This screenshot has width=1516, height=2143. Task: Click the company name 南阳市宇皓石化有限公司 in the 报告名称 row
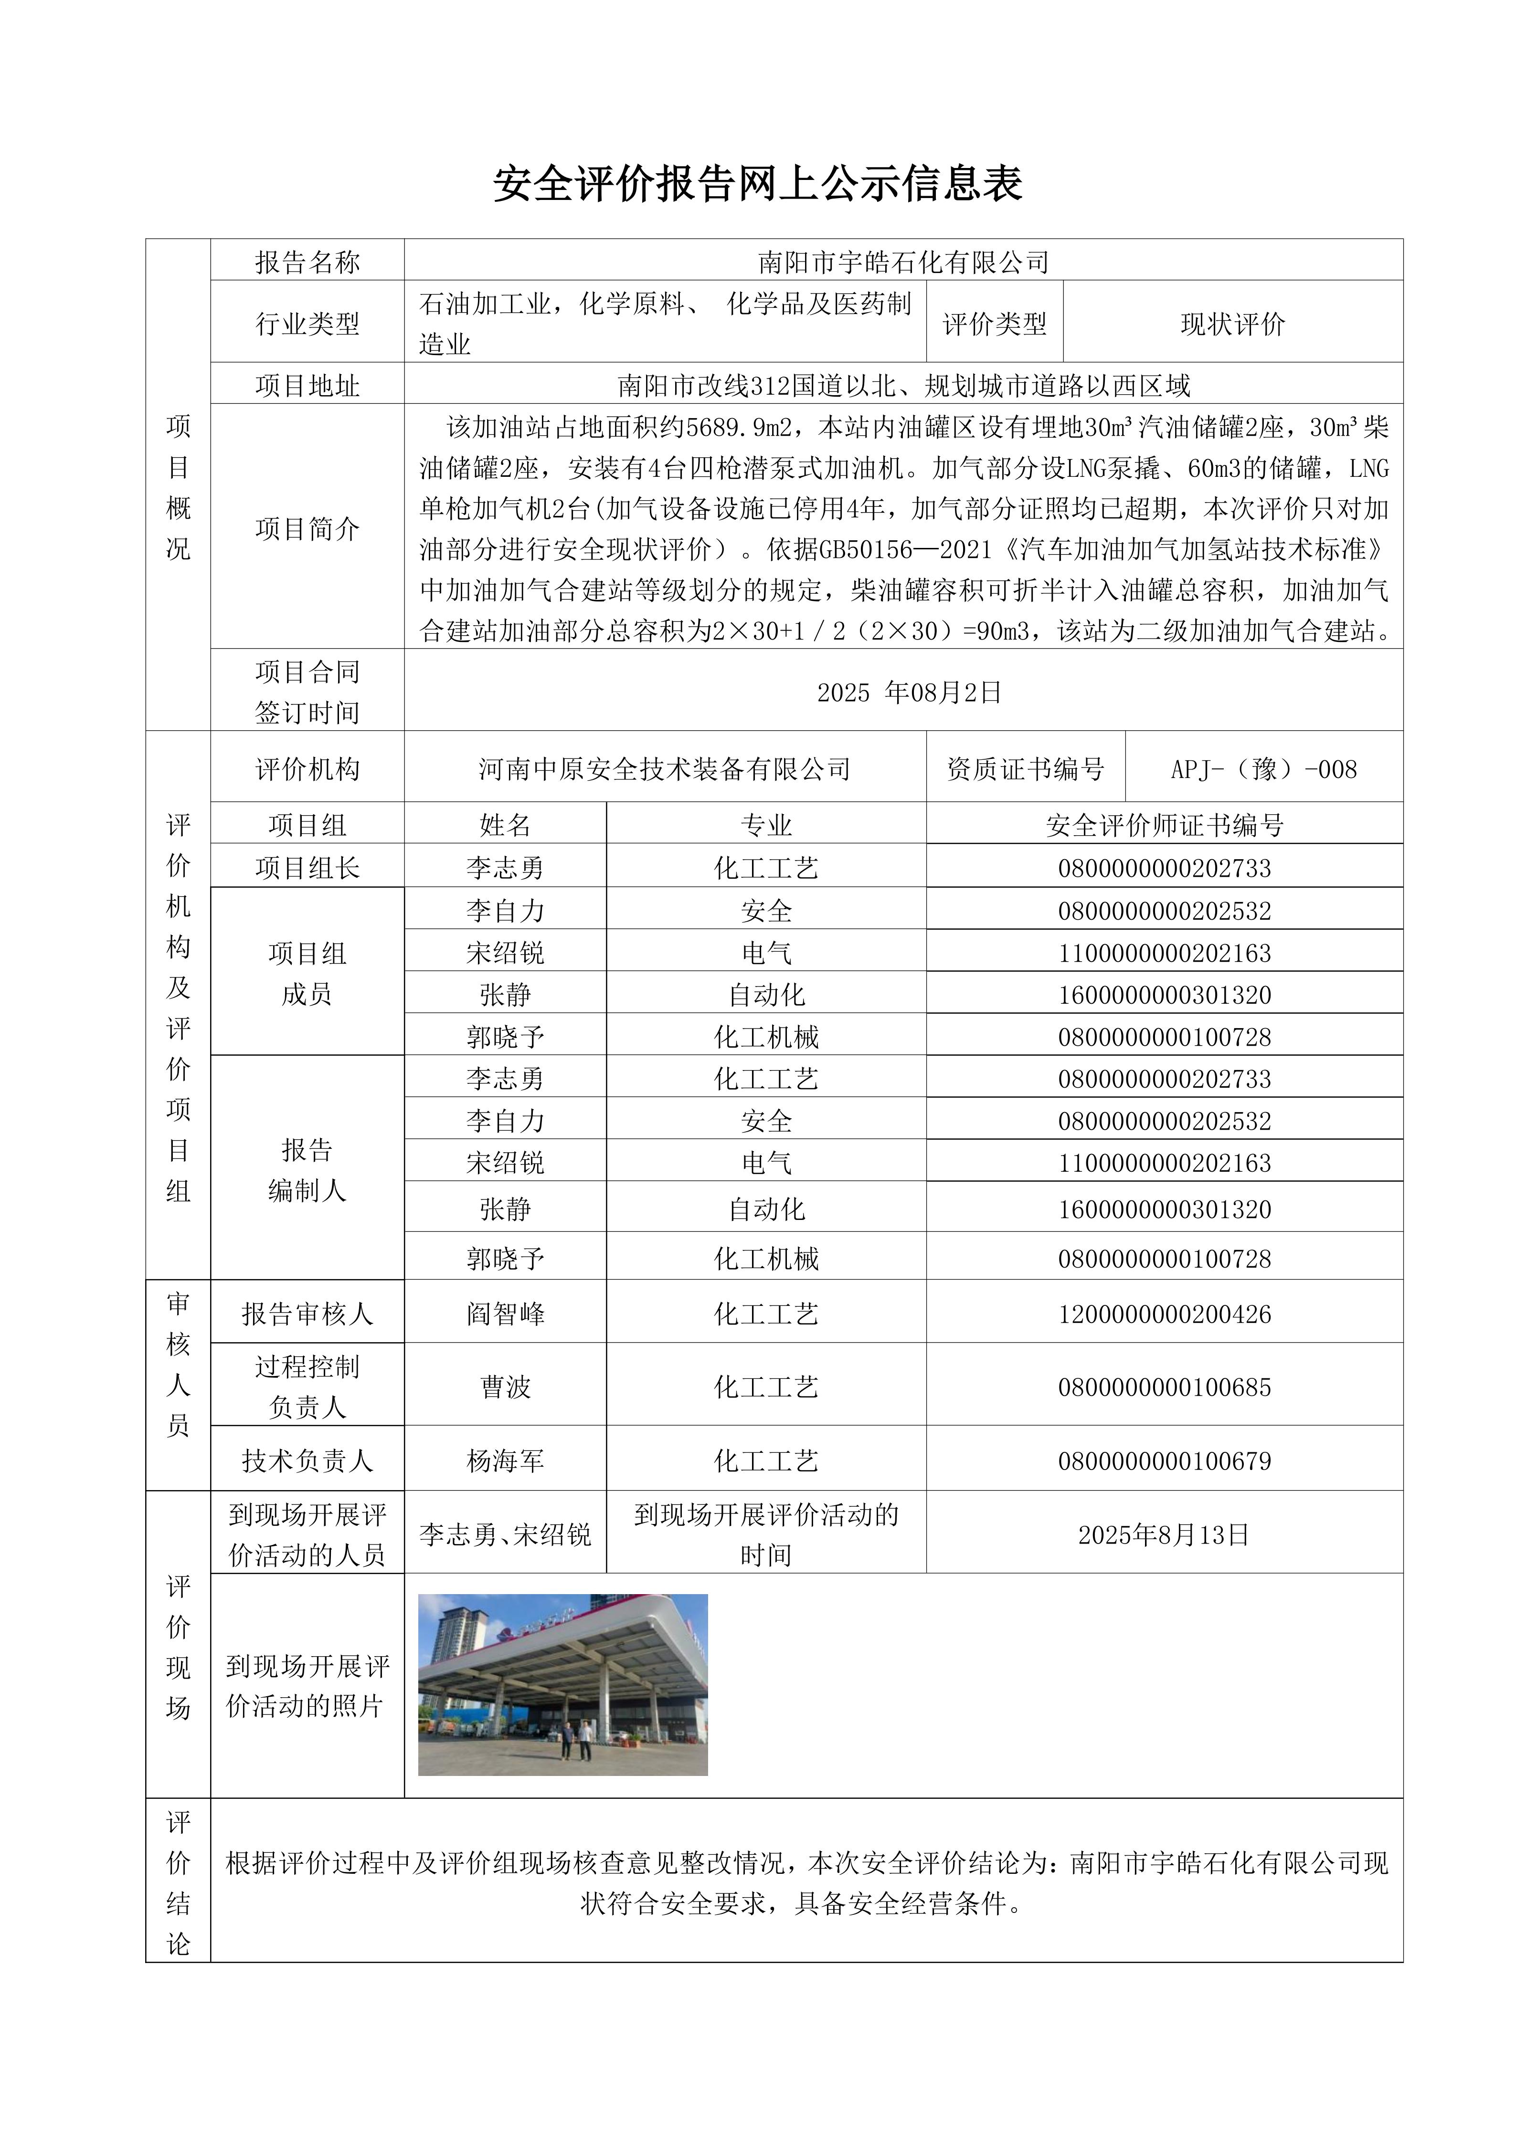[x=903, y=263]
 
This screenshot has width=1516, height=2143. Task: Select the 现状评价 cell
[x=1232, y=324]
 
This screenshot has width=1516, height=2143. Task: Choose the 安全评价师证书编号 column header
[x=1164, y=825]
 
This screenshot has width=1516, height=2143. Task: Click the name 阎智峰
[x=505, y=1314]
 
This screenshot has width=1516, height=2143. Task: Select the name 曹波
[x=505, y=1387]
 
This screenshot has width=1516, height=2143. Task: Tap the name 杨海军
[x=505, y=1460]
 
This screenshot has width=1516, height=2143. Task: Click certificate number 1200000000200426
[x=1164, y=1314]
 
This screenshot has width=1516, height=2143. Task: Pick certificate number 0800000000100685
[x=1164, y=1387]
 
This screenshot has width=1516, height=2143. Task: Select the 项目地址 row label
[x=307, y=386]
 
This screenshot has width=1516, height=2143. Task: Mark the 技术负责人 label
[x=307, y=1460]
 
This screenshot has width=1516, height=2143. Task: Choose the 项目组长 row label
[x=307, y=868]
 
